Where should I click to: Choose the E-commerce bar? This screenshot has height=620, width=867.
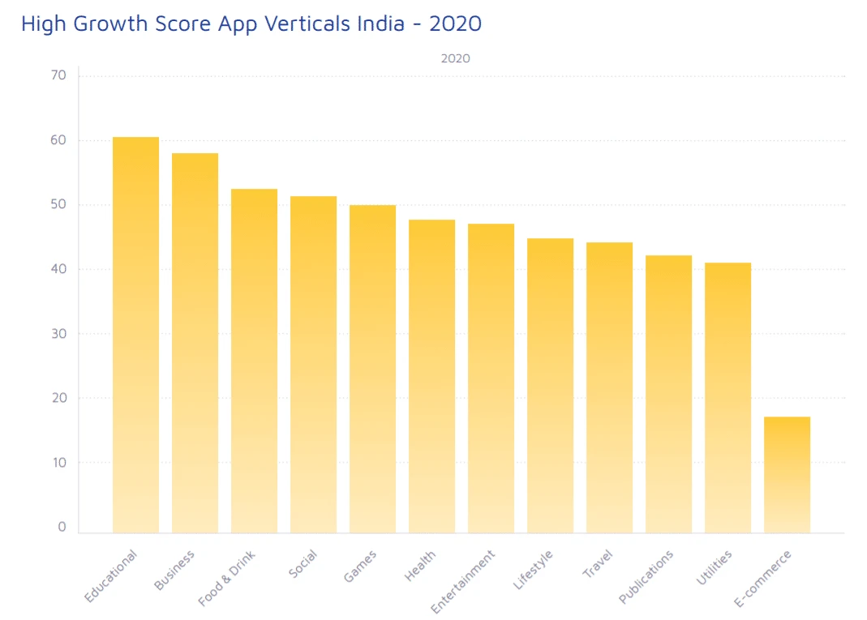[787, 475]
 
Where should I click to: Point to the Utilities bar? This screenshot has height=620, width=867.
[728, 398]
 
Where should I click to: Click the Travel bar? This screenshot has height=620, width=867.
[609, 387]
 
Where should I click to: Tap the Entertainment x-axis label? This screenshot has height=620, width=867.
[463, 581]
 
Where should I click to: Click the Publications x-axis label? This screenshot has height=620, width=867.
[646, 576]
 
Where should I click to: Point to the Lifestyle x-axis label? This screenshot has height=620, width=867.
[534, 569]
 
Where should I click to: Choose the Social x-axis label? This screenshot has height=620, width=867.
[303, 564]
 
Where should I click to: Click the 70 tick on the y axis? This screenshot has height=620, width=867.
[58, 75]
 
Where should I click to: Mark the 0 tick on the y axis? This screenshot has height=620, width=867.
[62, 527]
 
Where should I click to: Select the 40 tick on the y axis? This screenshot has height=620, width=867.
[58, 269]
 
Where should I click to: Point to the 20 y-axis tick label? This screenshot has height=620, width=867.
[58, 398]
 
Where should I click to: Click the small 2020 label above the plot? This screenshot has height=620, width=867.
[455, 58]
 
